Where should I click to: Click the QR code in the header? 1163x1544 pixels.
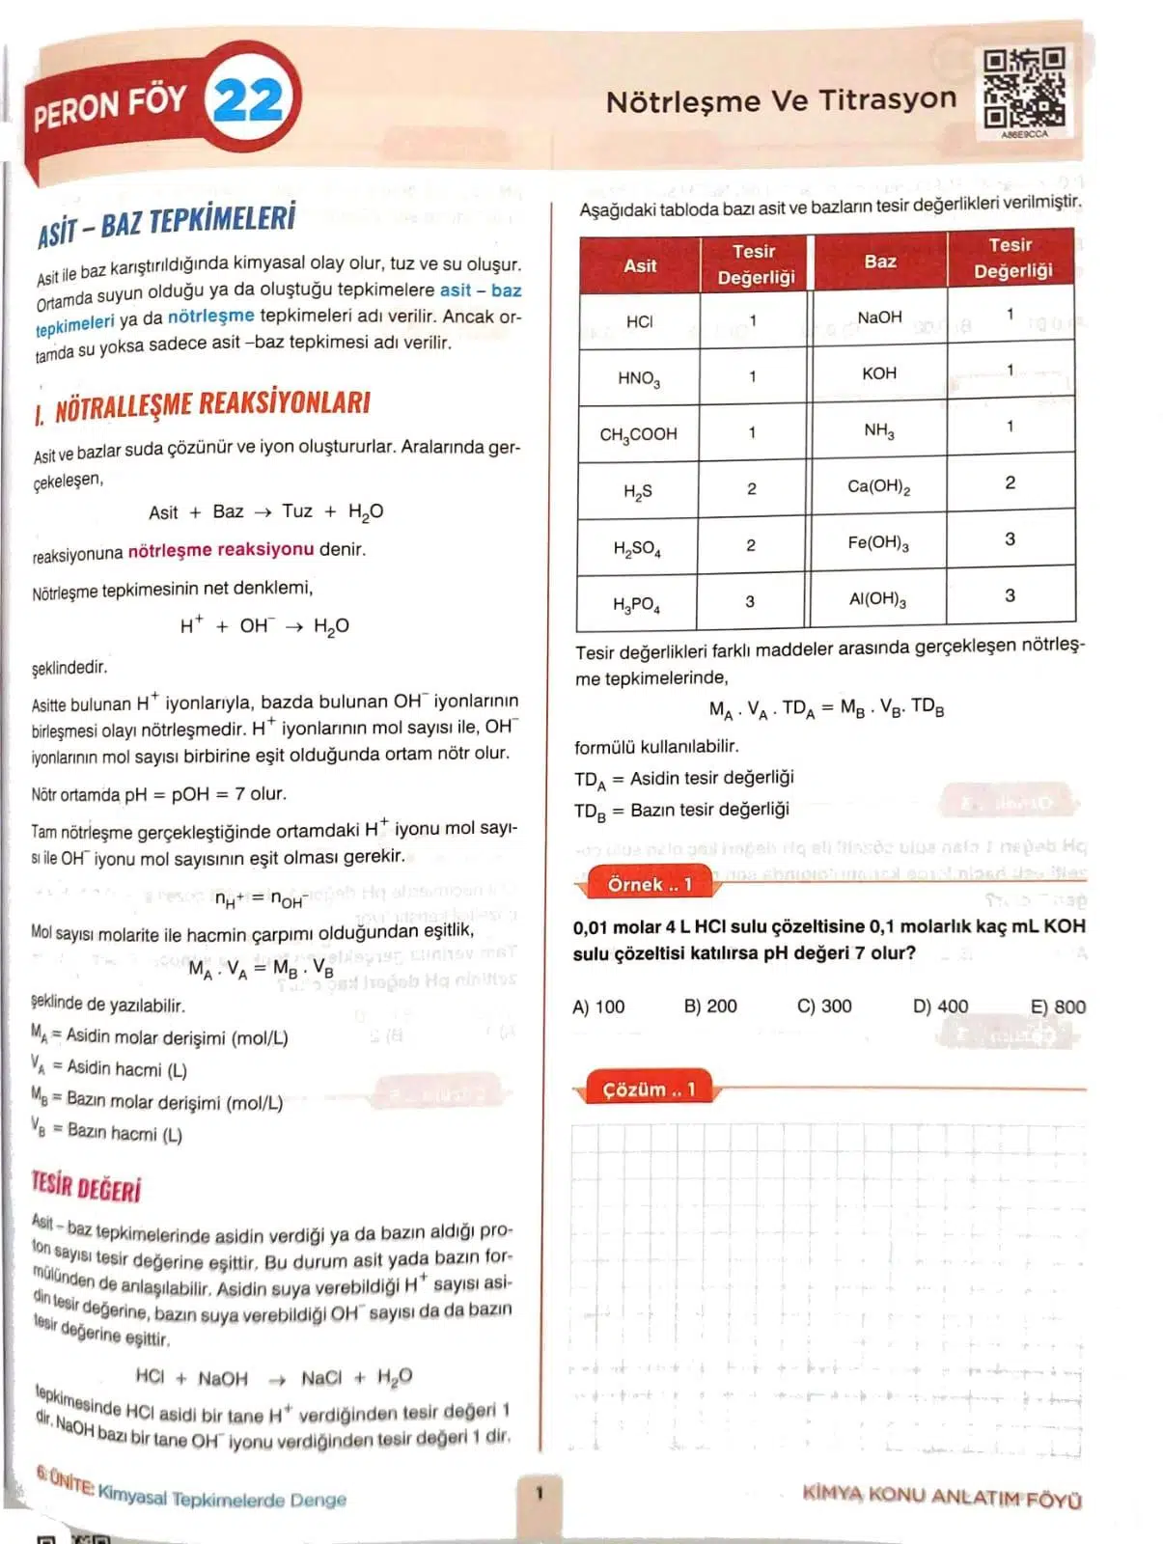click(x=1024, y=90)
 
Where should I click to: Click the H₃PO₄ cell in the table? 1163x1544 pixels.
click(x=637, y=604)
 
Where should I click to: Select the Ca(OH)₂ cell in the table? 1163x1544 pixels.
click(x=878, y=486)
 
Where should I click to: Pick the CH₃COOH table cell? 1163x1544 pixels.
click(x=638, y=434)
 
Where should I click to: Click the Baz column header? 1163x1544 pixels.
click(x=879, y=261)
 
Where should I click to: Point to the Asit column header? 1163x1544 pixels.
click(x=640, y=265)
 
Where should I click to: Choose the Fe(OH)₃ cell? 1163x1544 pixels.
click(x=878, y=542)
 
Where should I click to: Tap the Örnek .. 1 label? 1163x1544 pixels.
click(x=650, y=884)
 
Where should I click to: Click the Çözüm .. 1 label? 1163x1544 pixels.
click(x=649, y=1089)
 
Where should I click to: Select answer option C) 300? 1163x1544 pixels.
click(x=824, y=1006)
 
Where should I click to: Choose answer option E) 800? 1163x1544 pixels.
click(x=1058, y=1006)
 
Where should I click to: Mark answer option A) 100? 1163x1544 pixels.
click(x=598, y=1006)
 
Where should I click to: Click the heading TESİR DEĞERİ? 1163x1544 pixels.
click(x=86, y=1188)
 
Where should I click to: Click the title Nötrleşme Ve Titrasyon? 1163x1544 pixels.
click(x=781, y=100)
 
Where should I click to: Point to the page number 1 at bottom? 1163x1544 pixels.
click(x=540, y=1494)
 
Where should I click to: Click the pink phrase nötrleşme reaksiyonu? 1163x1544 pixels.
click(x=221, y=550)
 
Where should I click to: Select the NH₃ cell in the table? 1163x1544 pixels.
click(x=878, y=430)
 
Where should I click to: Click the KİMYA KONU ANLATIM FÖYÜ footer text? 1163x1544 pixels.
click(x=941, y=1496)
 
